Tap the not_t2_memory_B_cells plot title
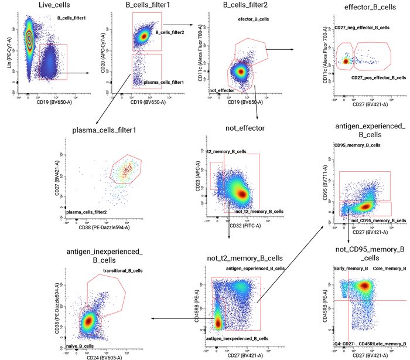[x=245, y=258]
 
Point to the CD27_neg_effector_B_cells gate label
[x=361, y=28]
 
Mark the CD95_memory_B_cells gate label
[x=357, y=145]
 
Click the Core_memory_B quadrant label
[x=389, y=269]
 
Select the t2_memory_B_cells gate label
[x=226, y=152]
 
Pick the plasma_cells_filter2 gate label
[x=90, y=212]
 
